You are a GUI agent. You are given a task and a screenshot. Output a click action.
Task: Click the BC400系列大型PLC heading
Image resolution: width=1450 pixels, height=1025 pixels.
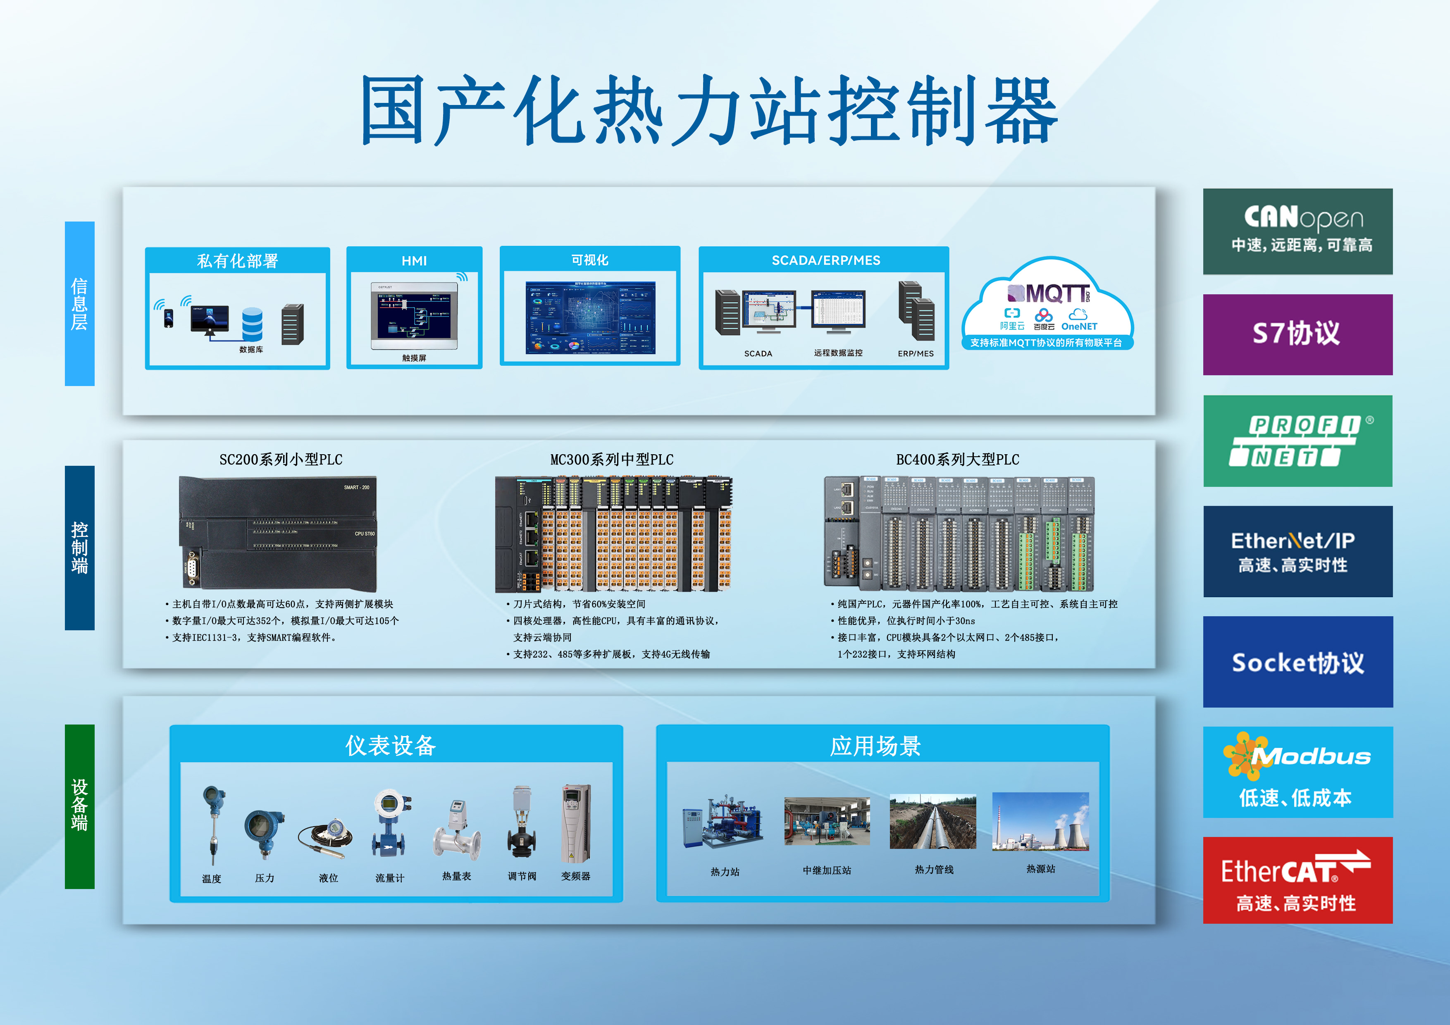point(957,459)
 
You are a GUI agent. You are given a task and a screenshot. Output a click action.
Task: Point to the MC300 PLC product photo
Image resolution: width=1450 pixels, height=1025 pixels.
point(613,534)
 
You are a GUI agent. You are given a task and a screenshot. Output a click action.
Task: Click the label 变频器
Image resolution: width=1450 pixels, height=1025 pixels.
point(575,876)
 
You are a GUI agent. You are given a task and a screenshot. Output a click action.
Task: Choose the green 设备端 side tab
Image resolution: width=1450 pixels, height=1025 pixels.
point(80,806)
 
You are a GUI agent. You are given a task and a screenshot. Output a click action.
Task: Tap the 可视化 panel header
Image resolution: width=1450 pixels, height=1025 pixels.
point(589,260)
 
